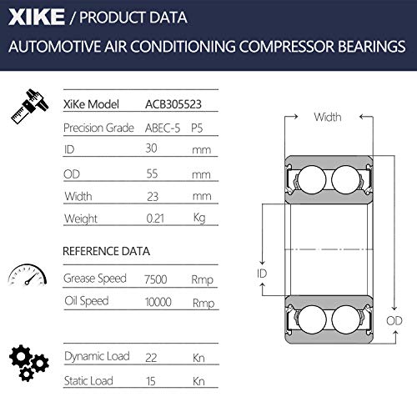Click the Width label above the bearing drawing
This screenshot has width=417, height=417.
tap(327, 118)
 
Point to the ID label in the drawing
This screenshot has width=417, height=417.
tap(262, 274)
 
